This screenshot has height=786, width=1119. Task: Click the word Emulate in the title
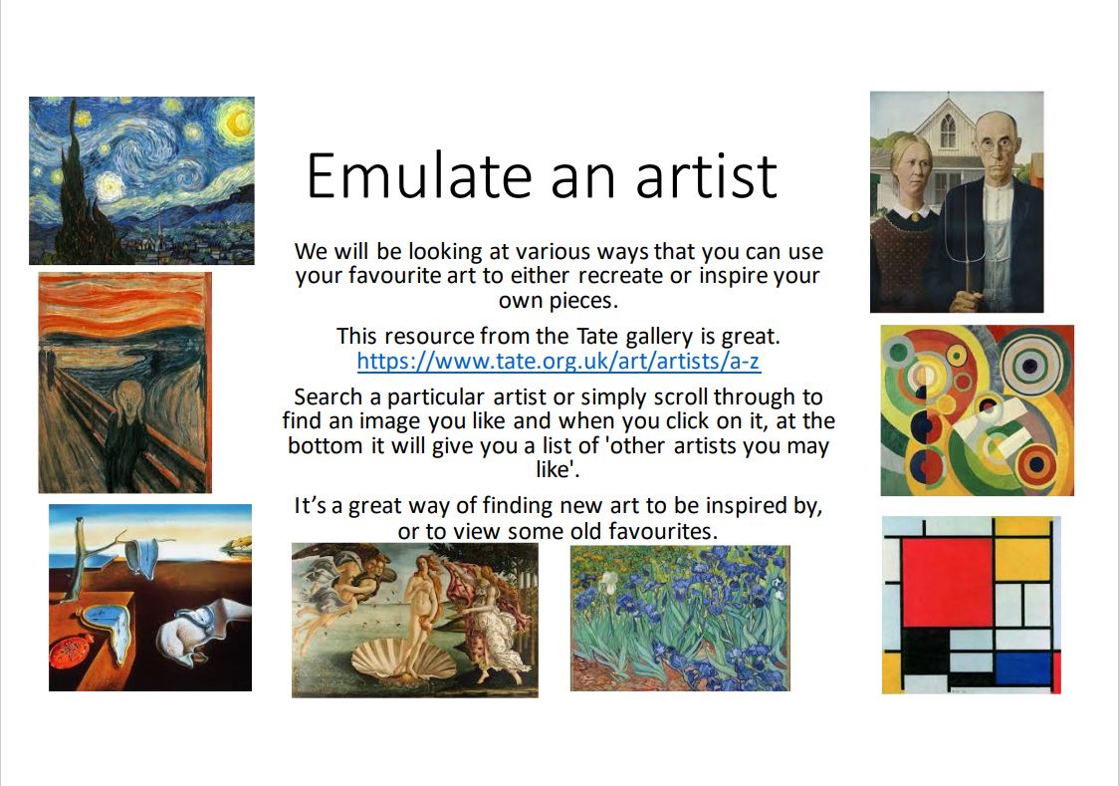pos(420,175)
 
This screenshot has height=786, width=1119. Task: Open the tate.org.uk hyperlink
pos(559,362)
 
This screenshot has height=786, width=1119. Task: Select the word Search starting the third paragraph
pos(329,396)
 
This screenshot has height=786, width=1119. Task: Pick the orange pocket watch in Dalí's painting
pos(72,652)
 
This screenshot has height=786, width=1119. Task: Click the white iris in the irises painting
pos(608,582)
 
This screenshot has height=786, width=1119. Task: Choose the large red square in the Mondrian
pos(947,583)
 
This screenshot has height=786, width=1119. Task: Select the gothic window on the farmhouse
pos(948,130)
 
